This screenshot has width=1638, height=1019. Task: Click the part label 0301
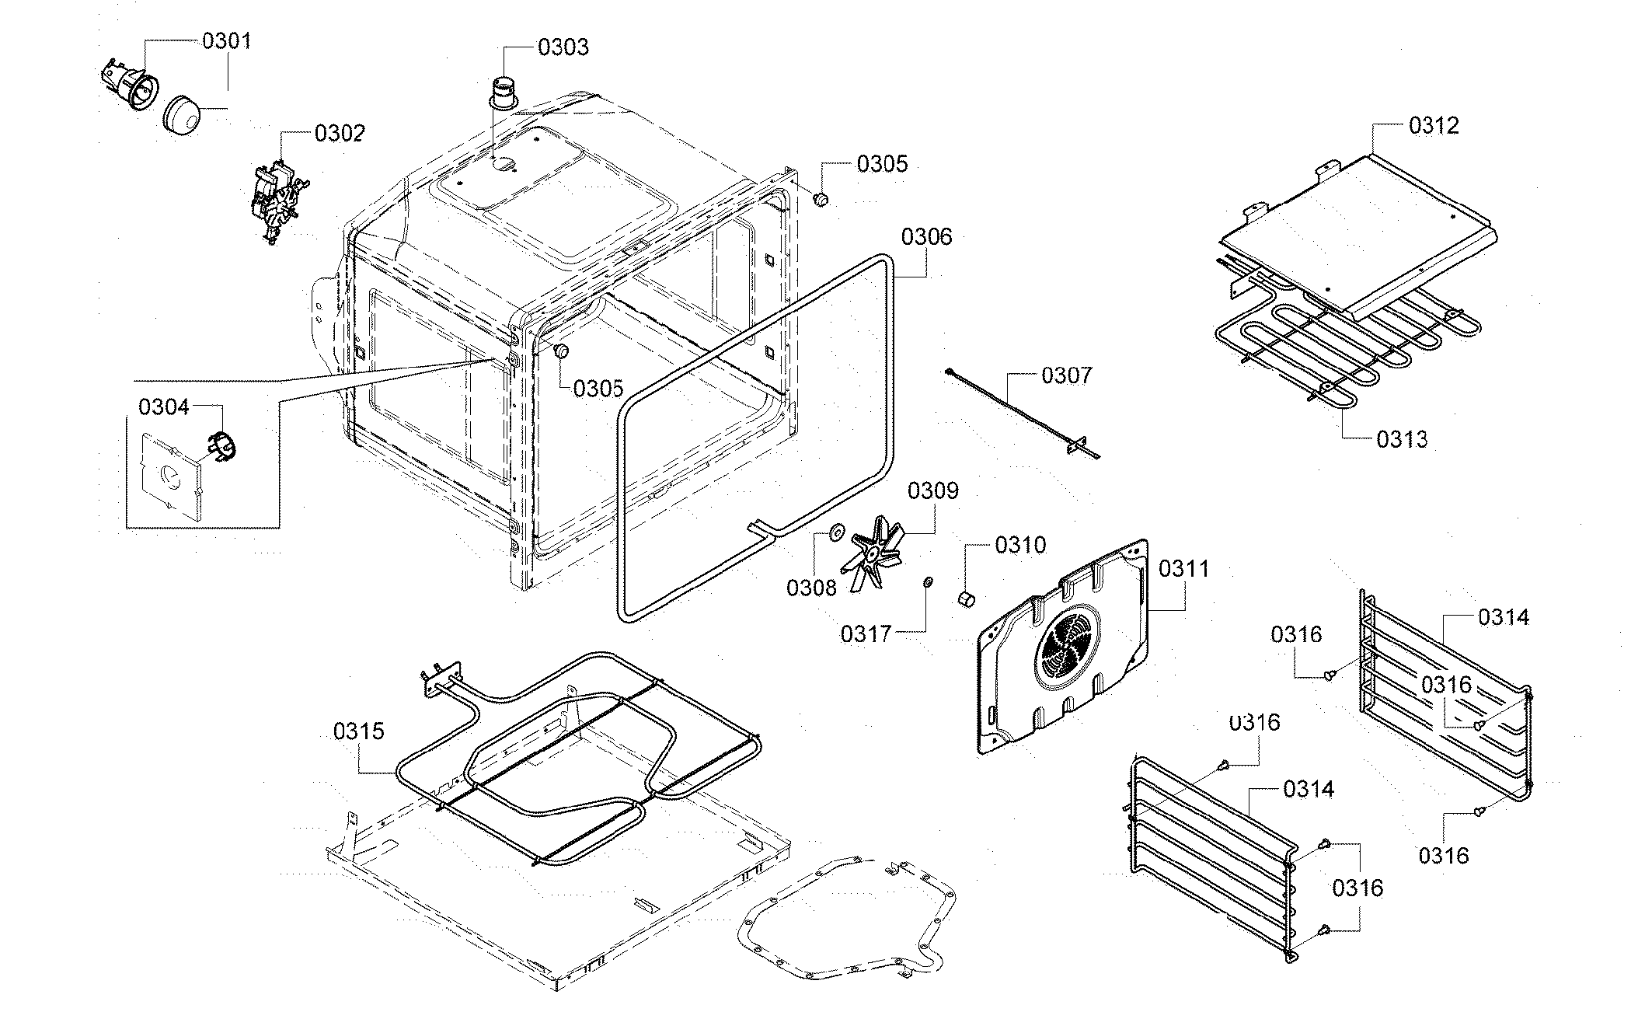227,41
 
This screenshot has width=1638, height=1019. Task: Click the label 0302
339,134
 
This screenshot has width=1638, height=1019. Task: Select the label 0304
163,407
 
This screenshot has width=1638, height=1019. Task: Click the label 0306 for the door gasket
926,236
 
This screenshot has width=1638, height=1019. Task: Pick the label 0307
1066,376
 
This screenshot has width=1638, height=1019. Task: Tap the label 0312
1434,126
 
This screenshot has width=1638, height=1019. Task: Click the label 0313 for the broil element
1402,440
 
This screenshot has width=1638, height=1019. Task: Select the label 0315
359,731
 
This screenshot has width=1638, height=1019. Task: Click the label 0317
866,635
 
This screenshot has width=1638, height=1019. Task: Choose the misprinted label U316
1254,723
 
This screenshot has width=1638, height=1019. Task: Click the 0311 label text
1183,569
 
